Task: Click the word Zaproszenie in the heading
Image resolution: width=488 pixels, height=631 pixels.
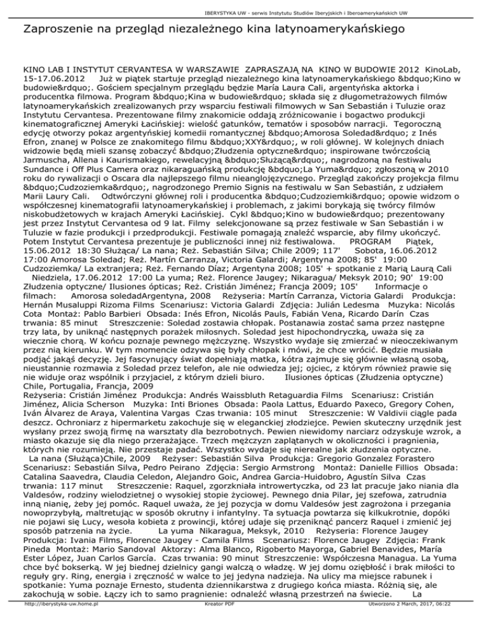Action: click(57, 29)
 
